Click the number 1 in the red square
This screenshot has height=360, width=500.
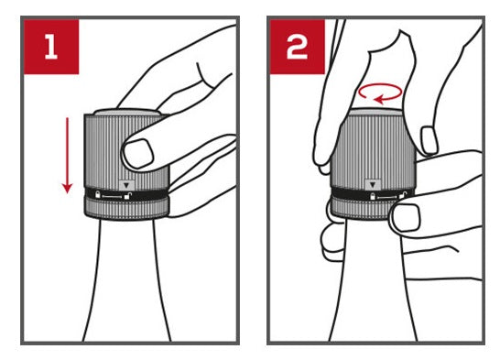pos(51,47)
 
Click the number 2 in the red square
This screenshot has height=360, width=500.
pos(298,47)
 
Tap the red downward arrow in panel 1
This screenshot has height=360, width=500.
pos(67,156)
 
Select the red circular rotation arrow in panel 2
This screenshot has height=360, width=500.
pos(380,93)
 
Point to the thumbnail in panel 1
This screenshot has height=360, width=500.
pos(138,154)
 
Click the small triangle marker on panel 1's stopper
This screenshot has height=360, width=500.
pos(127,185)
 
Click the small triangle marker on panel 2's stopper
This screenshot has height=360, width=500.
pos(373,184)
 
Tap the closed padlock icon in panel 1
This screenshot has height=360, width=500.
pos(98,193)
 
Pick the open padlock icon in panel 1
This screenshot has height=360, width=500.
pos(127,196)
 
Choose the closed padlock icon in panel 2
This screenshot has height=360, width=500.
pos(372,196)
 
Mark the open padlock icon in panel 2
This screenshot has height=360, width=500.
pos(403,194)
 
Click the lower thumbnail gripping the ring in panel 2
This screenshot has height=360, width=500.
pos(407,218)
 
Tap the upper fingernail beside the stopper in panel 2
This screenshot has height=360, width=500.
pos(429,140)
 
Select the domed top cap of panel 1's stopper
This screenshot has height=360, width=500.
pos(127,112)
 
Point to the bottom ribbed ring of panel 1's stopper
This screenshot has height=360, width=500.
pos(127,208)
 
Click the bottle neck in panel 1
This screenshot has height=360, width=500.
pos(127,280)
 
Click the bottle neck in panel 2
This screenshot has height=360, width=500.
pos(373,280)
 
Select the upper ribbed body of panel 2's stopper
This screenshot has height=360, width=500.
pos(373,150)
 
